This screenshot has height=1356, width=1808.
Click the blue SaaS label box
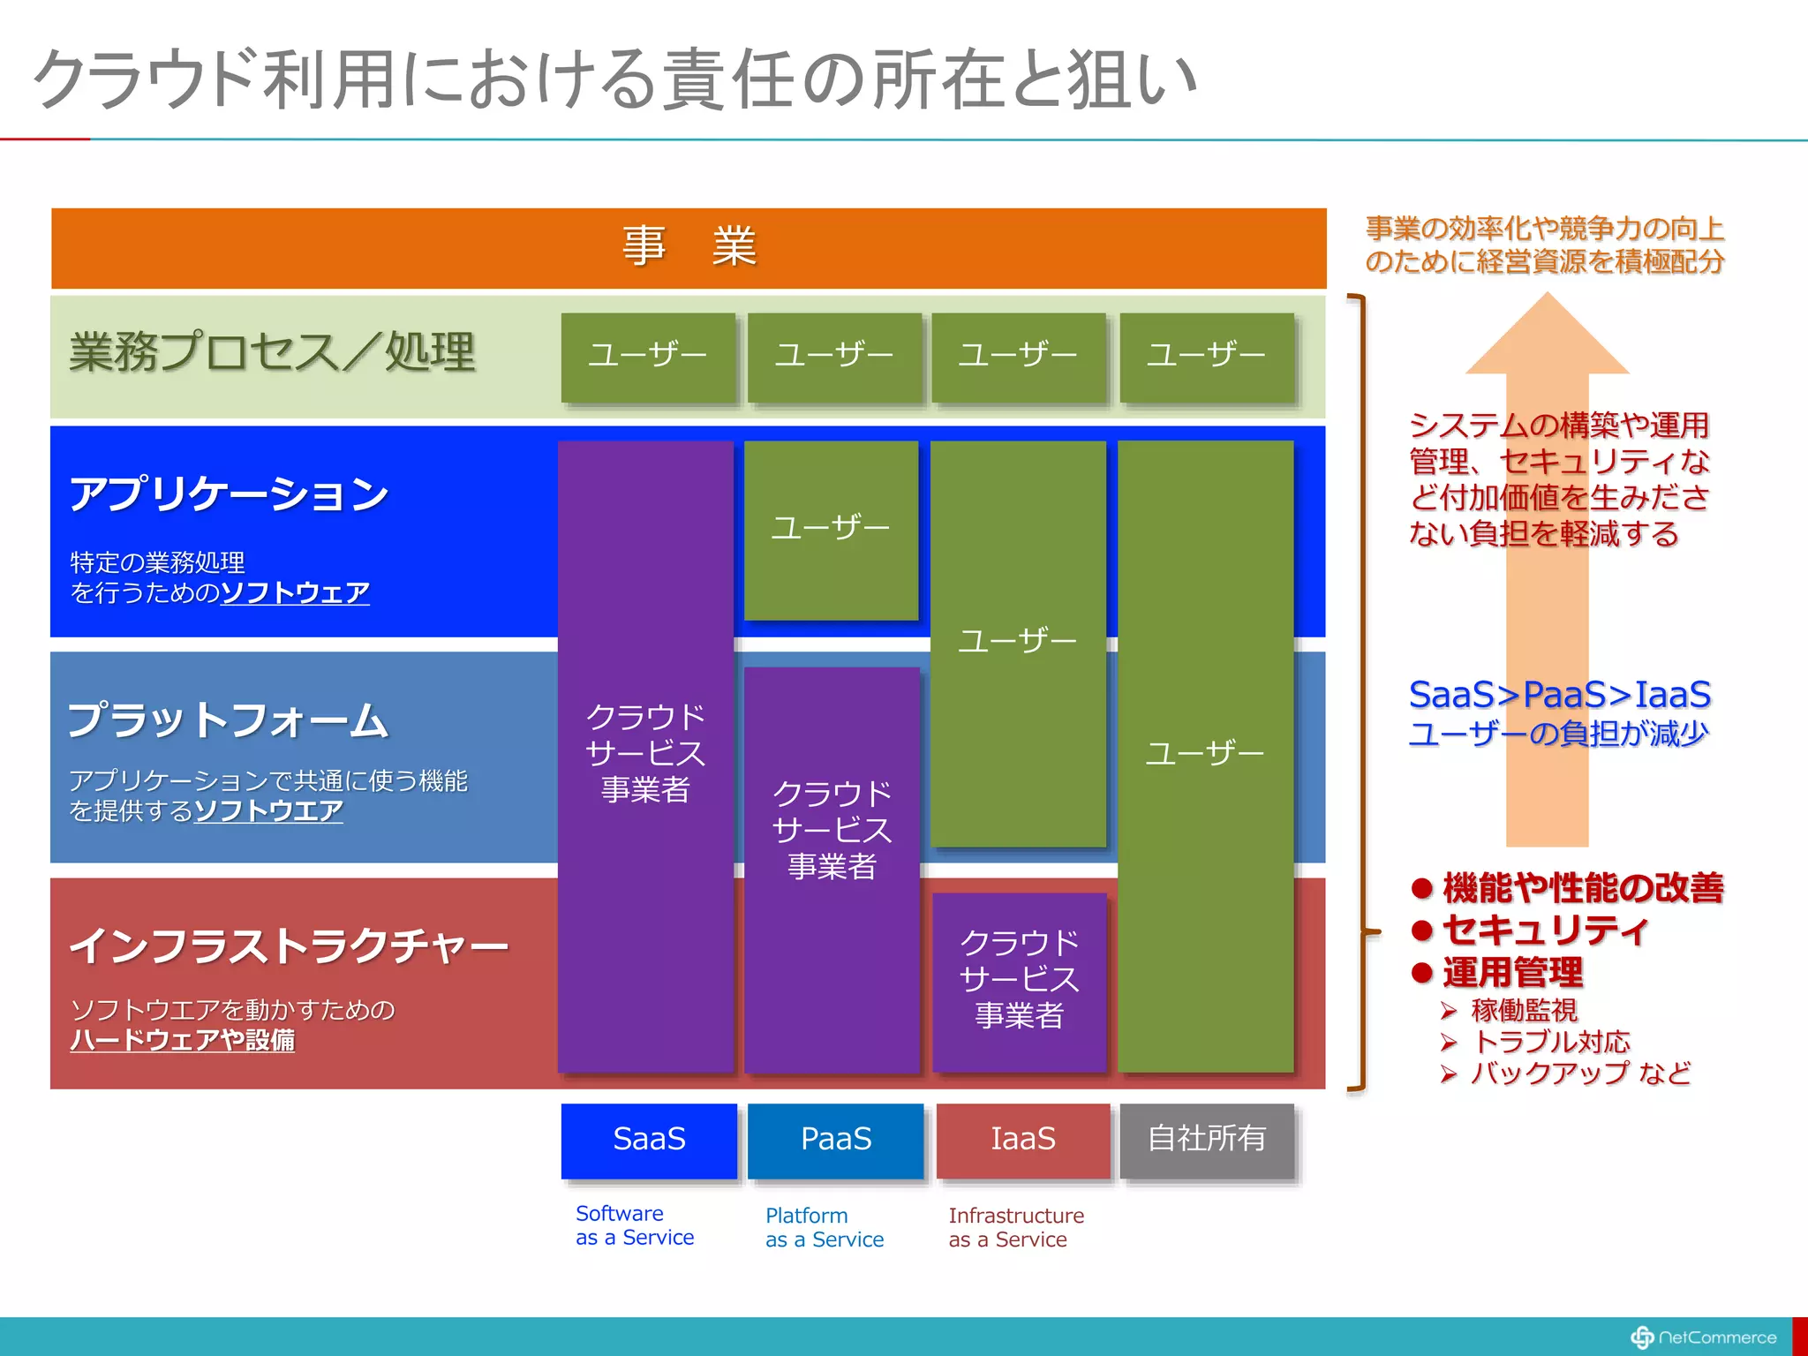649,1139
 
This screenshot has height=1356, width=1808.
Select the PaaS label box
835,1139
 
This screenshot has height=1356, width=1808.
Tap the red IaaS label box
1022,1139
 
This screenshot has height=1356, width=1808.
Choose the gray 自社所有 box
1207,1139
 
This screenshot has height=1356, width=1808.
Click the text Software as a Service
634,1225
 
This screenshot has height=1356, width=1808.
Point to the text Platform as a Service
824,1227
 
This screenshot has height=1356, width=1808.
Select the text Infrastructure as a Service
1015,1227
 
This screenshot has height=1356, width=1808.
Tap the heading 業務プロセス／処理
272,352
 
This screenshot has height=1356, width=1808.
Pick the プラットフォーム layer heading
228,719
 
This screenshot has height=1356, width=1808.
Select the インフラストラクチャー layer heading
289,945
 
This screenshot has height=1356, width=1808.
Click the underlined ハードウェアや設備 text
182,1040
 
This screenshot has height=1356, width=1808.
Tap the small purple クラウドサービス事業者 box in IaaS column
1020,980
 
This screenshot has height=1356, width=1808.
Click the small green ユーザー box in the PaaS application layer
831,528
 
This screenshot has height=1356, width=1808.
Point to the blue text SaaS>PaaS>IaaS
1559,695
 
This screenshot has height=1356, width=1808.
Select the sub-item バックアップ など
1579,1073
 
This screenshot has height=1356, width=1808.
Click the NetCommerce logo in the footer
1704,1337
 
